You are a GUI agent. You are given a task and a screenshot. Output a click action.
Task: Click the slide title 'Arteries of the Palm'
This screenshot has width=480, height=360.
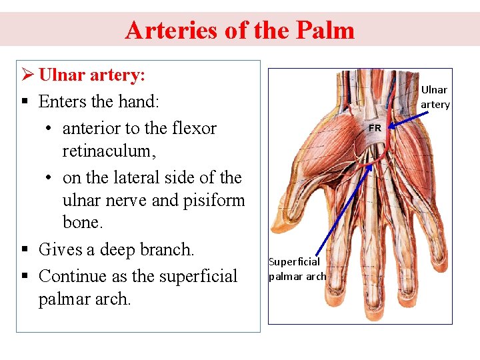[x=239, y=30]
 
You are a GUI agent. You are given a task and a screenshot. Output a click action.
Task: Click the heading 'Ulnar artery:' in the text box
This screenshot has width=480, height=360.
[x=92, y=75]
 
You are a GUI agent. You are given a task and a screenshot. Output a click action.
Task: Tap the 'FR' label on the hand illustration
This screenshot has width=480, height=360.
[x=375, y=127]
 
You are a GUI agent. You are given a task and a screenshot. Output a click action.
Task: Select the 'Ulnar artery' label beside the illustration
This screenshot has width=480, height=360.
[x=435, y=97]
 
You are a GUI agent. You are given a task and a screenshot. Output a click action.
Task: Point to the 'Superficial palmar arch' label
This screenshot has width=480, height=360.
[x=297, y=269]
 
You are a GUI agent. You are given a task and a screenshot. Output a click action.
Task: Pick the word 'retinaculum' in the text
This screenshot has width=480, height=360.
[x=109, y=151]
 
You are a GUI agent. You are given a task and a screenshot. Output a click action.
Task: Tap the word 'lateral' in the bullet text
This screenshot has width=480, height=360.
[x=133, y=177]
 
